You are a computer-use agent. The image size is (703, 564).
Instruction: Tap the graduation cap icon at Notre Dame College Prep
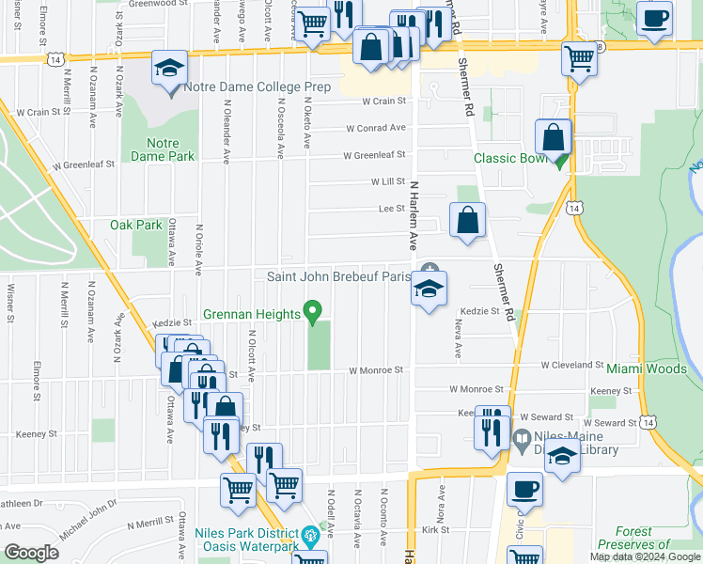[x=170, y=70]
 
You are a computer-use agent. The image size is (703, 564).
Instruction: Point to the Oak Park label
[x=136, y=225]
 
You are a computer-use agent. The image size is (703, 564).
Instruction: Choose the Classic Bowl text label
[x=509, y=159]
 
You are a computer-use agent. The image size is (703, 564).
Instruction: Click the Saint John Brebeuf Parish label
[x=339, y=276]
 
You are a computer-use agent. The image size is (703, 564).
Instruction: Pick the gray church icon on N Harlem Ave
[x=430, y=270]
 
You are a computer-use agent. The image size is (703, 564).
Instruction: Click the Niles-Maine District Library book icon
[x=523, y=438]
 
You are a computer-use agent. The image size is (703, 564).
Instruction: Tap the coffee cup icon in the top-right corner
[x=654, y=18]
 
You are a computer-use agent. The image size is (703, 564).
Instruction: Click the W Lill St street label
[x=386, y=181]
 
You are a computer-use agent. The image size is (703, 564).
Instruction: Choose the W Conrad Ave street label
[x=375, y=129]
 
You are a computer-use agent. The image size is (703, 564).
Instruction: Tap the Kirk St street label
[x=436, y=530]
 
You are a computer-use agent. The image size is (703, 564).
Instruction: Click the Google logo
[x=31, y=553]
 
